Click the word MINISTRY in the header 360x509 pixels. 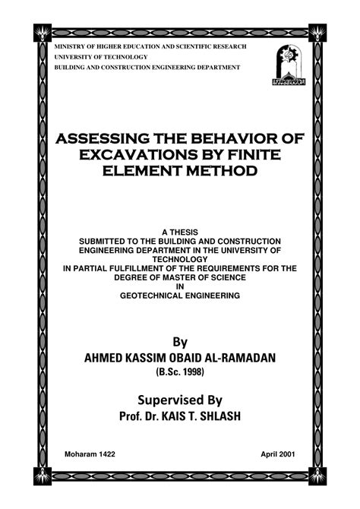(x=69, y=48)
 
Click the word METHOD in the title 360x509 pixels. (x=217, y=171)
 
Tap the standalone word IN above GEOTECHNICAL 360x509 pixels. (x=180, y=286)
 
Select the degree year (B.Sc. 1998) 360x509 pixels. (x=180, y=372)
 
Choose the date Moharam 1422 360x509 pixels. (x=90, y=454)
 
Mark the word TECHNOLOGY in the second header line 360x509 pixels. (x=120, y=58)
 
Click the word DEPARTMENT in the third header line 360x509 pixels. (x=213, y=68)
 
